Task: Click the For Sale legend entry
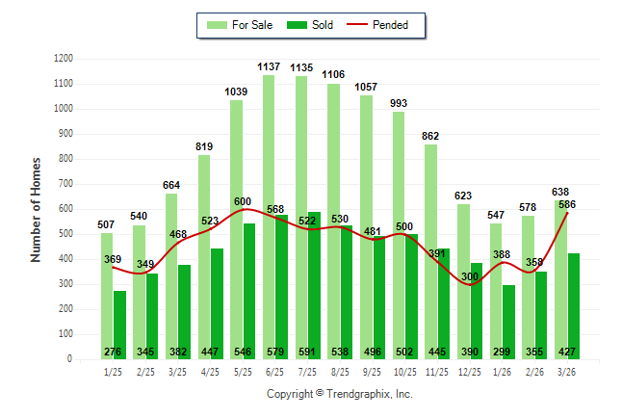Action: tap(243, 25)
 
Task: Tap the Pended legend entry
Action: tap(388, 25)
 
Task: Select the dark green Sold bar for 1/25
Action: tap(119, 318)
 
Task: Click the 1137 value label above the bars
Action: tap(269, 66)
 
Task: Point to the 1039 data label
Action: tap(236, 91)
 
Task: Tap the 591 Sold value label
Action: tap(314, 352)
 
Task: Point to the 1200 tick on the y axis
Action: tap(64, 59)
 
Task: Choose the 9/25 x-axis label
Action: tap(373, 372)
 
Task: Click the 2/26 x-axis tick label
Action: tap(535, 372)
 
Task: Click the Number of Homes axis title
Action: tap(37, 209)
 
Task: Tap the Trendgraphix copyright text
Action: tap(339, 394)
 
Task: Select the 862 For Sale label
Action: tap(430, 136)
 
